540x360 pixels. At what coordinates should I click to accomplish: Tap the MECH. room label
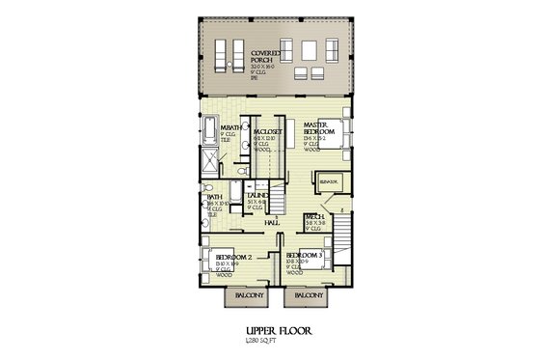(313, 217)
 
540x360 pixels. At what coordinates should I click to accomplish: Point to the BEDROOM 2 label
(234, 257)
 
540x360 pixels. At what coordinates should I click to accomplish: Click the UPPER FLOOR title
(270, 329)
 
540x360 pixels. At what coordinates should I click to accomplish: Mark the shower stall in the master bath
(211, 160)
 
